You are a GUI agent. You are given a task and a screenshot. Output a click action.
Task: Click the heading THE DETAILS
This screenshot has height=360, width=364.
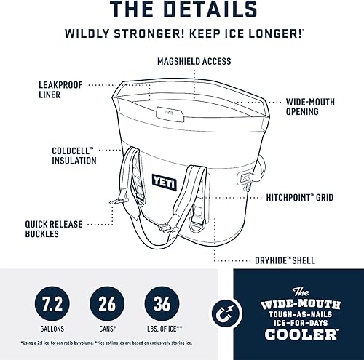click(x=182, y=11)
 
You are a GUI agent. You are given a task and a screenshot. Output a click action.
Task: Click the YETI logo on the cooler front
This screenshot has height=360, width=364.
click(x=164, y=183)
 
